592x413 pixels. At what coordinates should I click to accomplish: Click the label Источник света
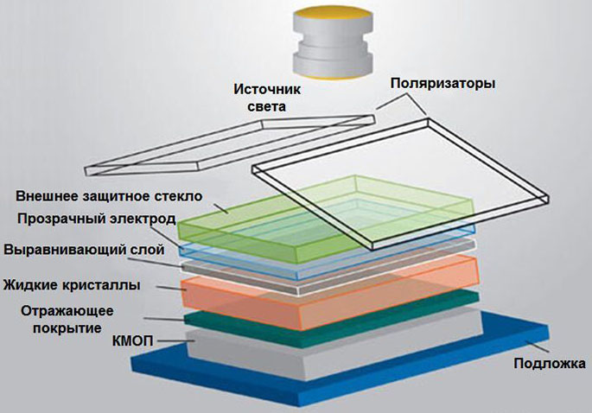coord(267,98)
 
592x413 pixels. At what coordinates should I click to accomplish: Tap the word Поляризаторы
coord(442,83)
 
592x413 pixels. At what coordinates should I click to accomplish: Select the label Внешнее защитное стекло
coord(109,196)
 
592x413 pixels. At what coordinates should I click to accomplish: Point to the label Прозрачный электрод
coord(97,219)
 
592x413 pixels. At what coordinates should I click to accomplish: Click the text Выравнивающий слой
coord(84,250)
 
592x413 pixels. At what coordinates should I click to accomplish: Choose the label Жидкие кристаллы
coord(72,284)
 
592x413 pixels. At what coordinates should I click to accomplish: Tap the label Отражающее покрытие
coord(67,320)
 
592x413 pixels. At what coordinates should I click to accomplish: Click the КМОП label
coord(132,341)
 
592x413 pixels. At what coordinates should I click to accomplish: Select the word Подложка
coord(550,364)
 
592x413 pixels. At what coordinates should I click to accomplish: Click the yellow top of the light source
coord(333,14)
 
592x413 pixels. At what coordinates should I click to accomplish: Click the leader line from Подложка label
coord(537,346)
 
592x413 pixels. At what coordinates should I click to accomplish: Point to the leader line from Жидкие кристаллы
coord(171,289)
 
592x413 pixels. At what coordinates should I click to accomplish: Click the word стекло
coord(180,196)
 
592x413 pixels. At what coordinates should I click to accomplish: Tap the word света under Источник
coord(267,106)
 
